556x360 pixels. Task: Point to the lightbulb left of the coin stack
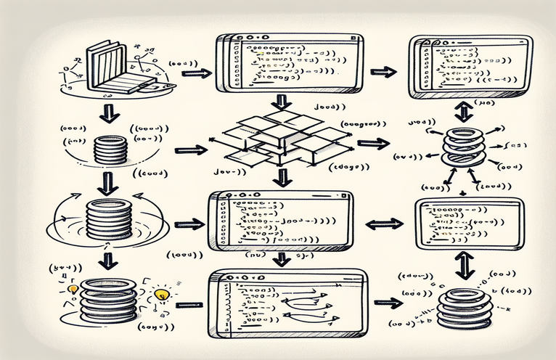(x=73, y=289)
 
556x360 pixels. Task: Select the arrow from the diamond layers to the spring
(x=372, y=144)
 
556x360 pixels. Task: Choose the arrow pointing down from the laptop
(x=110, y=112)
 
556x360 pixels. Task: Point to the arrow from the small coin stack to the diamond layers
(x=191, y=150)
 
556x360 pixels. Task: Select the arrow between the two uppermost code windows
(x=384, y=72)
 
